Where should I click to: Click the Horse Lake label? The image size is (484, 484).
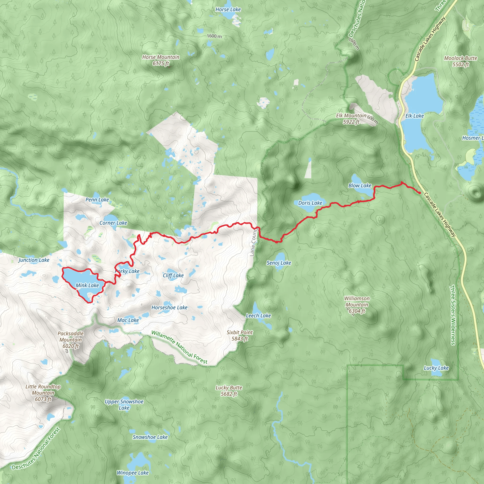click(228, 9)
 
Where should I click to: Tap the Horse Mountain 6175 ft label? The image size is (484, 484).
click(161, 60)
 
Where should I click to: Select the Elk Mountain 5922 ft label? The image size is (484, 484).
click(351, 119)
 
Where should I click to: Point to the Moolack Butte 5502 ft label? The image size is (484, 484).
click(460, 61)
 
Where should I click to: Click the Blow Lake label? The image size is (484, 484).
click(360, 186)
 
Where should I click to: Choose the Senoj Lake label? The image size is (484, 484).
click(279, 263)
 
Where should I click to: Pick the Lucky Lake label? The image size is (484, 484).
click(436, 368)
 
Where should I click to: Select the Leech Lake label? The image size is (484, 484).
click(258, 316)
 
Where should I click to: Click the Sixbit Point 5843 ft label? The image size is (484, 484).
click(239, 335)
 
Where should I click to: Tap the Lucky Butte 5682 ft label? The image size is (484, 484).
click(229, 391)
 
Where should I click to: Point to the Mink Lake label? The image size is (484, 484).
click(87, 285)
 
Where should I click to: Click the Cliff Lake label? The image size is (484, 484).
click(173, 276)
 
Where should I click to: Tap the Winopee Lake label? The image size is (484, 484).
click(133, 473)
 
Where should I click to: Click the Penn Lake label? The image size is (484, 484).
click(97, 200)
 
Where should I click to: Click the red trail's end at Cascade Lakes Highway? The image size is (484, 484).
click(420, 193)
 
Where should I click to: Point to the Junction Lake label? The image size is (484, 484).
click(34, 260)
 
